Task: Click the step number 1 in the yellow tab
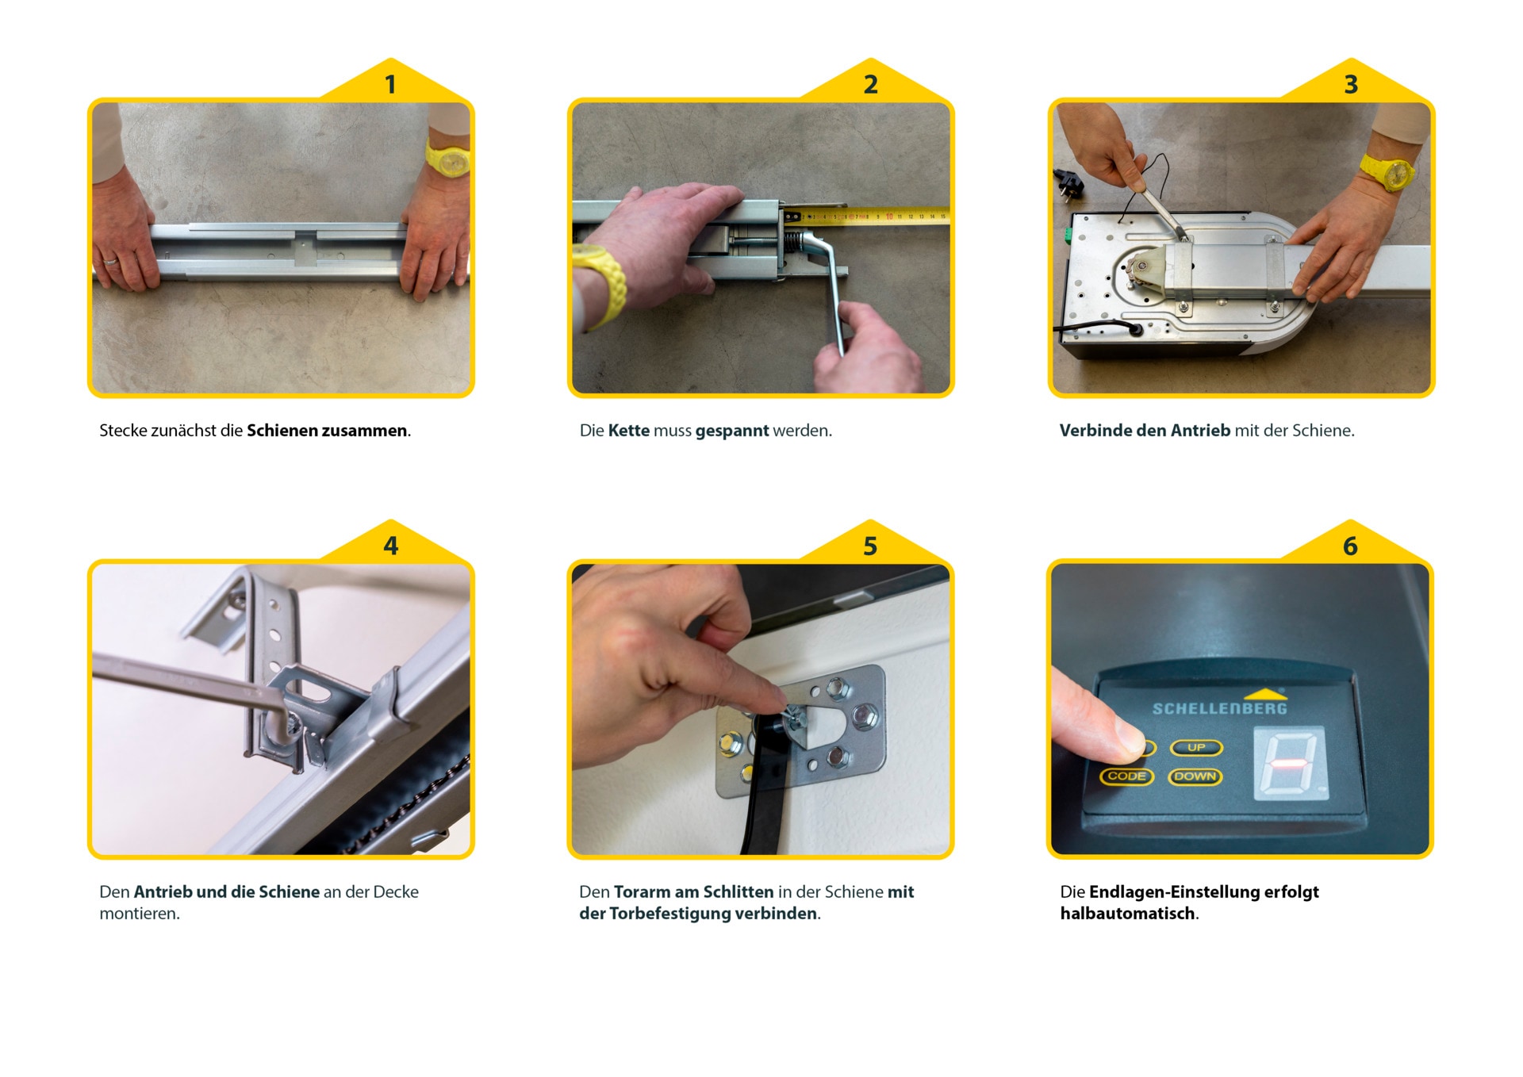click(390, 85)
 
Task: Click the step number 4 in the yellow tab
click(390, 546)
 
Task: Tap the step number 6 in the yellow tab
click(1350, 546)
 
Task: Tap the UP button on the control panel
click(1196, 748)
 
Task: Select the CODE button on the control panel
click(1126, 776)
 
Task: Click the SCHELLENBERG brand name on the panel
click(1219, 708)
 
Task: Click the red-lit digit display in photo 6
click(1288, 764)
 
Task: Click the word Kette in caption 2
click(628, 431)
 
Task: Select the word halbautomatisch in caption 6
click(1127, 914)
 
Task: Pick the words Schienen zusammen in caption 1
click(327, 431)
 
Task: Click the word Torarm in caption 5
click(642, 892)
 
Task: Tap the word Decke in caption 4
click(395, 892)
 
